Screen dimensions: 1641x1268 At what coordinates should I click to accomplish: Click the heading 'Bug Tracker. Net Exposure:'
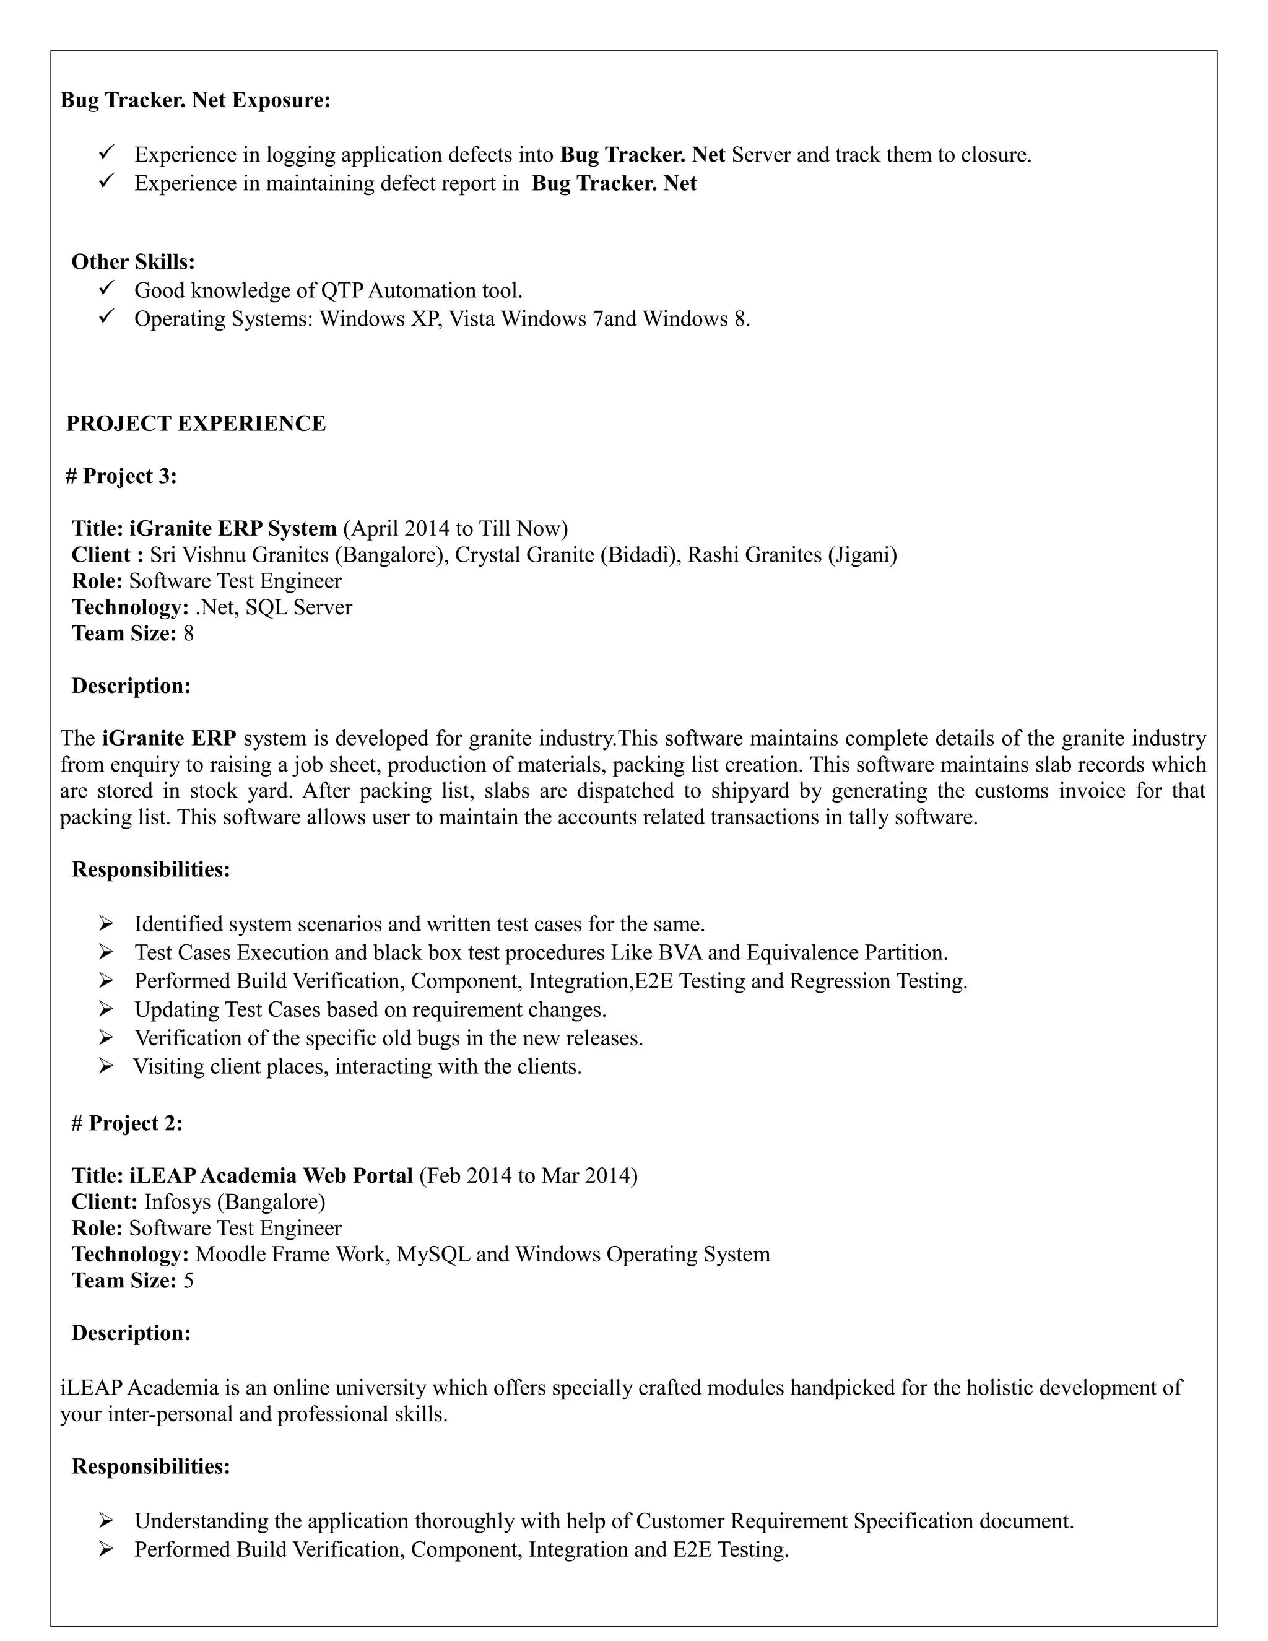(x=195, y=100)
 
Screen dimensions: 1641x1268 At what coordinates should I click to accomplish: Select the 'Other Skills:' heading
(x=133, y=261)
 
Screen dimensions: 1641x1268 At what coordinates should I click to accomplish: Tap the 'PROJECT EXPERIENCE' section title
(x=196, y=424)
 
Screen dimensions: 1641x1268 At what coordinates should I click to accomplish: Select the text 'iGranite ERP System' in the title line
(x=233, y=529)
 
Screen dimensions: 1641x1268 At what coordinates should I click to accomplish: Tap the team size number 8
(x=189, y=633)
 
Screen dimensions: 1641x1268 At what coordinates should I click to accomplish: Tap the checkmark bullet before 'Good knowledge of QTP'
(x=106, y=288)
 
